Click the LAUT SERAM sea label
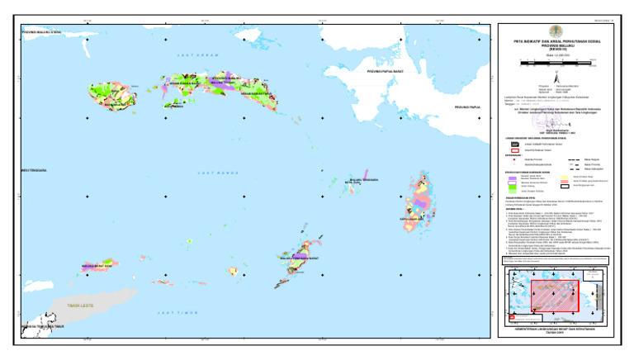195,55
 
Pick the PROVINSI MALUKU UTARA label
42,32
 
